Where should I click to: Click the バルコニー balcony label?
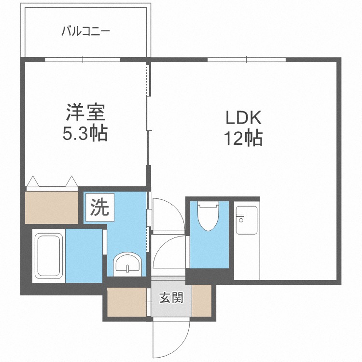tap(85, 31)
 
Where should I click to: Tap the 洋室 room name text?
tap(85, 112)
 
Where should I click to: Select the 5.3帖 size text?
tap(85, 133)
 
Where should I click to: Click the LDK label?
tap(243, 118)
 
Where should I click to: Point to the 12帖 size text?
tap(244, 139)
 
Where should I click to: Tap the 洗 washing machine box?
tap(100, 207)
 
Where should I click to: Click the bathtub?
tap(49, 255)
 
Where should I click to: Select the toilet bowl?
tap(208, 216)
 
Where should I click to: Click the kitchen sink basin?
tap(247, 220)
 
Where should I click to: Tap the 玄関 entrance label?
tap(171, 298)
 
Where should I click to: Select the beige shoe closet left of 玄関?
tap(127, 302)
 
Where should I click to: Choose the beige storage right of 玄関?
tap(202, 301)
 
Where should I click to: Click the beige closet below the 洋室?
tap(52, 208)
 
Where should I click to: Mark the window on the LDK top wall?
tap(247, 60)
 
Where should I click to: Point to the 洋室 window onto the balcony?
tap(83, 60)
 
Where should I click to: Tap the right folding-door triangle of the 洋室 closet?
tap(71, 181)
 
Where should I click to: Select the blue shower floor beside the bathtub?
tap(84, 255)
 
